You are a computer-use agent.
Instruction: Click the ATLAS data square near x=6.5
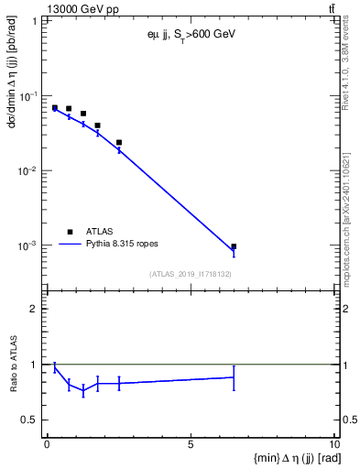click(x=234, y=246)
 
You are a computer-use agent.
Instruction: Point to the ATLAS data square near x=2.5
click(x=119, y=142)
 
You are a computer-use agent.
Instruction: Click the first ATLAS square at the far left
click(x=54, y=107)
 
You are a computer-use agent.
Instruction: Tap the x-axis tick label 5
click(x=191, y=446)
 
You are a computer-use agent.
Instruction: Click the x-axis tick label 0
click(x=47, y=446)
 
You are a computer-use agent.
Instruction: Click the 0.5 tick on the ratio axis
click(x=33, y=420)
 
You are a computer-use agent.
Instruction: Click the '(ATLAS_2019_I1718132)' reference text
click(x=190, y=273)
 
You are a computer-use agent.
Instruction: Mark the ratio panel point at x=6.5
click(x=234, y=377)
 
